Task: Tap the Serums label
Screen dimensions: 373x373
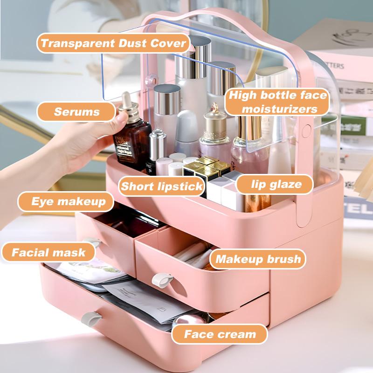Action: (76, 112)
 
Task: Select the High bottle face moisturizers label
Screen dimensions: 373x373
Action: (272, 103)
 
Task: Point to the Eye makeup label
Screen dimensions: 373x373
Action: (66, 202)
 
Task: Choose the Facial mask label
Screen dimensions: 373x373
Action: (48, 253)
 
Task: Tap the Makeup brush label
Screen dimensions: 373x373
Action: (258, 259)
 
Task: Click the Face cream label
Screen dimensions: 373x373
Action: (220, 334)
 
